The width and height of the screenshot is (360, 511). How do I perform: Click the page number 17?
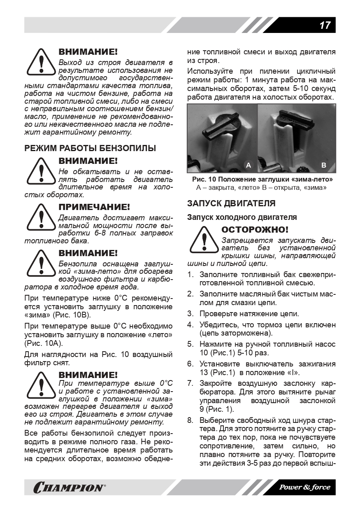[x=325, y=26]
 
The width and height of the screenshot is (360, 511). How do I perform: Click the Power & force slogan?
[x=305, y=487]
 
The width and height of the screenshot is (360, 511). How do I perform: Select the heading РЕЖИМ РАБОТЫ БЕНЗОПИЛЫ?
[x=90, y=148]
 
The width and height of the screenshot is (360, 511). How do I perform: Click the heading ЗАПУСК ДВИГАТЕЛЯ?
[x=231, y=203]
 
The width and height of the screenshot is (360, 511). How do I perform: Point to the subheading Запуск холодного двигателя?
[x=242, y=217]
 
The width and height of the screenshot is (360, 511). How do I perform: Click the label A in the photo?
[x=248, y=165]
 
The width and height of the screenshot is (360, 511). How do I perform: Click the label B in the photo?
[x=323, y=165]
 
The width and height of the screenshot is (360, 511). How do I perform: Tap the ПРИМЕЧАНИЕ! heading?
[x=94, y=207]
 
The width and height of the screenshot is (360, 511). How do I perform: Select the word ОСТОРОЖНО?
[x=255, y=229]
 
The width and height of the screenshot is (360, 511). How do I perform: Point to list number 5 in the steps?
[x=190, y=344]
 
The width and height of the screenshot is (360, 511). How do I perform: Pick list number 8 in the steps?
[x=190, y=420]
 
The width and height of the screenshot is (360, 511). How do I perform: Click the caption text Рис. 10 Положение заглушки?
[x=262, y=180]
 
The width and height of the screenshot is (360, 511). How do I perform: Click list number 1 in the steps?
[x=190, y=274]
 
